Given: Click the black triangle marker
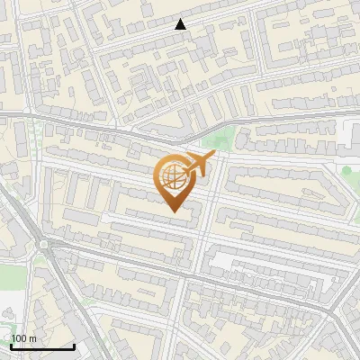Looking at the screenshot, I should (x=181, y=24).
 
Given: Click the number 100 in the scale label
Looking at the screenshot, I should (x=19, y=338).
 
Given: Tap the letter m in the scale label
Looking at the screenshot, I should (x=32, y=338).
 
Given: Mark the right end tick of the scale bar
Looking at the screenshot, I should (x=73, y=345).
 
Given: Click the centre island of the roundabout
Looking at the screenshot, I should (x=42, y=244).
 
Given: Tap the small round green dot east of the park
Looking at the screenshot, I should (x=346, y=171).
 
